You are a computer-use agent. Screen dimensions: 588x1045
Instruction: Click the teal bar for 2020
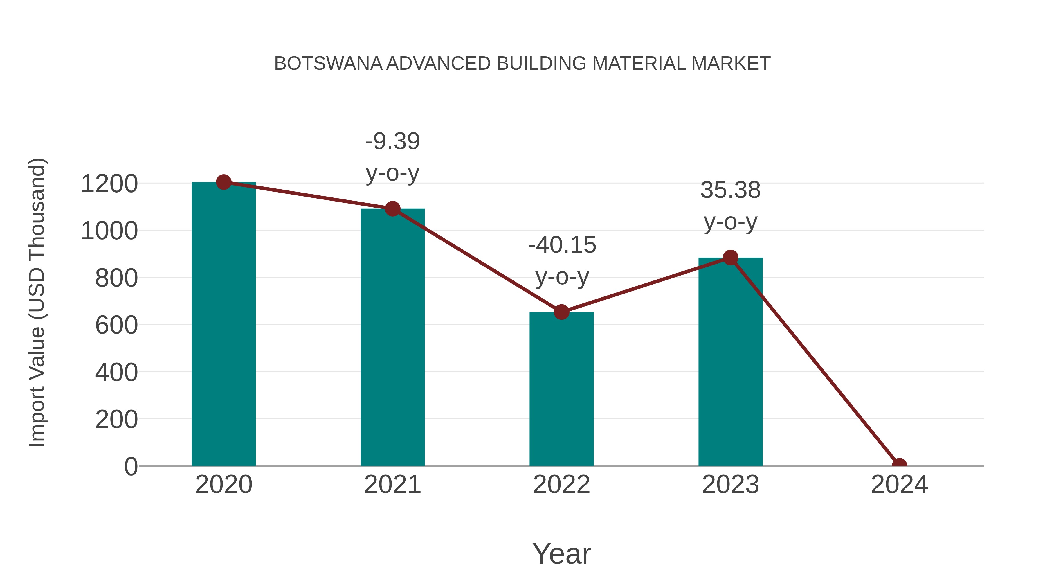click(224, 325)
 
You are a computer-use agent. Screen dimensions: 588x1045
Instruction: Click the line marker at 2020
click(224, 182)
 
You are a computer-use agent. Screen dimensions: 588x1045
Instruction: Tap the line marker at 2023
click(730, 258)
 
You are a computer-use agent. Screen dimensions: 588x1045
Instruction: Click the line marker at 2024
click(899, 465)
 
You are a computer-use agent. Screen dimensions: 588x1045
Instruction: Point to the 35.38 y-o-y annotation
click(730, 206)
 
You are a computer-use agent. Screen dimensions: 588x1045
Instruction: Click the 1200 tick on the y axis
click(109, 184)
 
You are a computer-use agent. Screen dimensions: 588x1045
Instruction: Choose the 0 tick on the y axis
click(131, 467)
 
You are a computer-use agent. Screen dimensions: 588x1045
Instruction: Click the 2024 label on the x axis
click(899, 485)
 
